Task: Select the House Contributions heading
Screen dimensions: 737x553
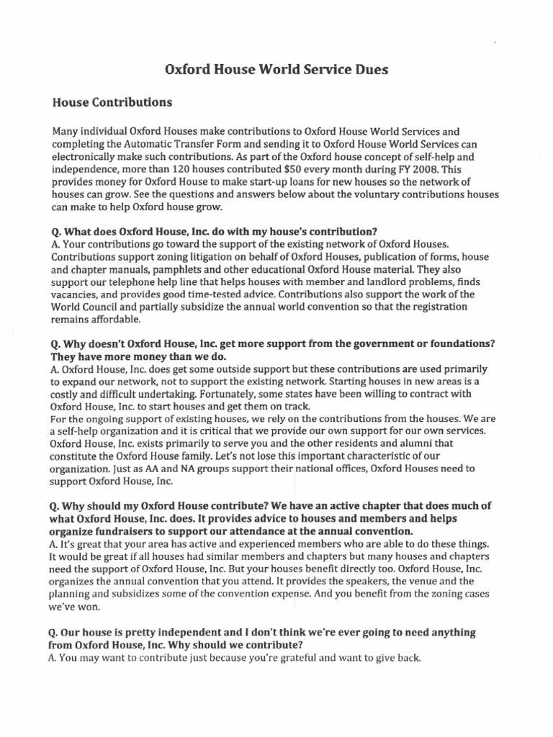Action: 112,102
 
